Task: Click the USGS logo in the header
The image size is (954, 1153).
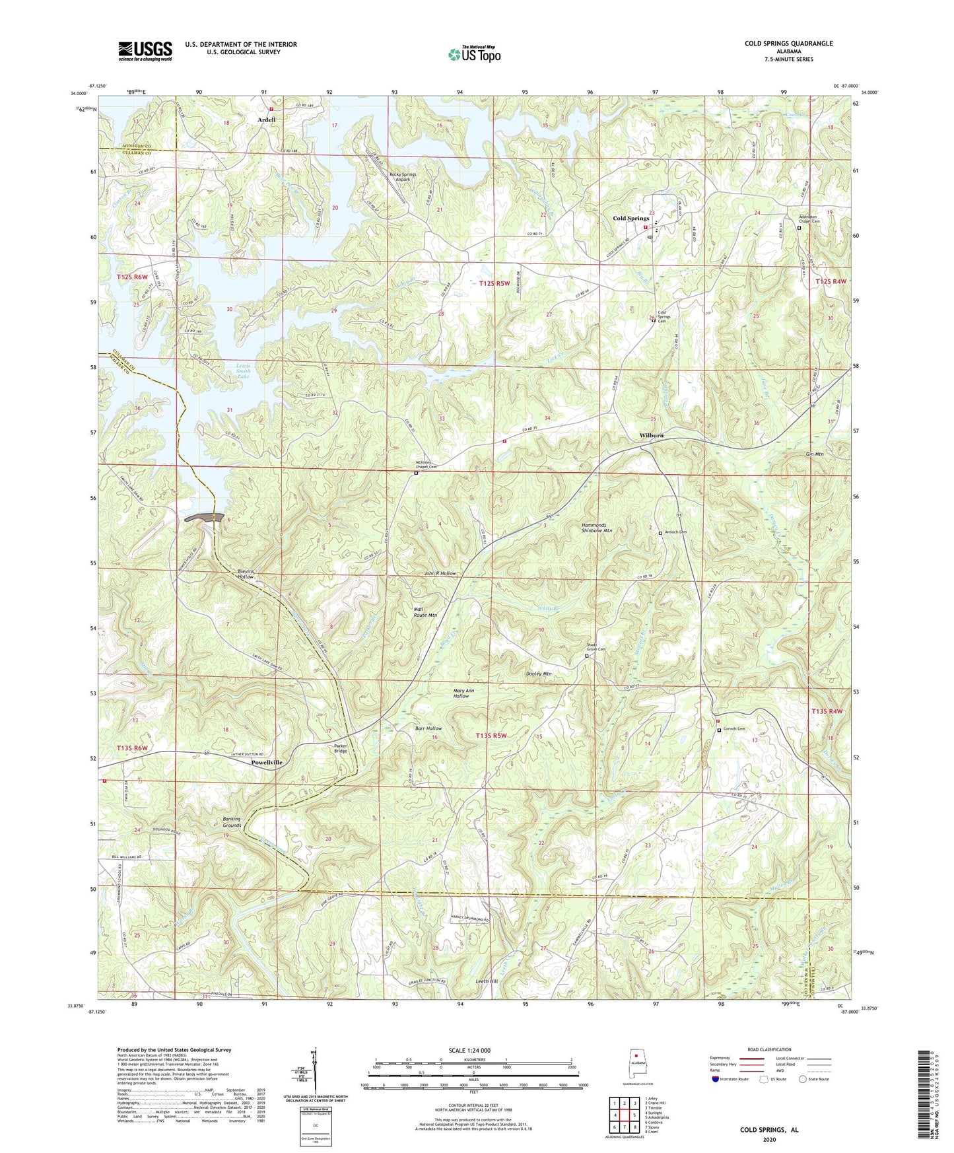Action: point(145,50)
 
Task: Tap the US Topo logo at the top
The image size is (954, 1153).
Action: point(473,54)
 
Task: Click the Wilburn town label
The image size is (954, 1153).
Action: point(651,436)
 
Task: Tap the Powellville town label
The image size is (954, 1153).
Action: point(267,762)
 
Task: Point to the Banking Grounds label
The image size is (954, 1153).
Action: point(232,822)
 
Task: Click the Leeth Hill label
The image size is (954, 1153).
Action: point(487,981)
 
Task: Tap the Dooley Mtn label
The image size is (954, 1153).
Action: point(538,674)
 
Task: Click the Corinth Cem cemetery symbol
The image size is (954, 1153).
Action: point(719,730)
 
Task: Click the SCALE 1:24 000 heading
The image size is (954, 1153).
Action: point(468,1050)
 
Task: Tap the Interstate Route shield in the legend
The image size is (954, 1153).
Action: point(716,1079)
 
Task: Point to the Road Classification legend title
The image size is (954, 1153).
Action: point(769,1049)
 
